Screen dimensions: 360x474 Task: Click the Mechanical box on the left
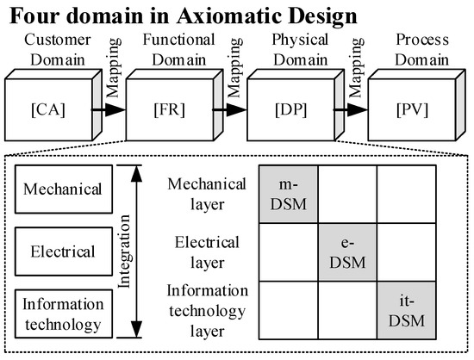63,189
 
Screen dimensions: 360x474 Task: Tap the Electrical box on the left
63,252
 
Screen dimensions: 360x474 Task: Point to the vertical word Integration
123,252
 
